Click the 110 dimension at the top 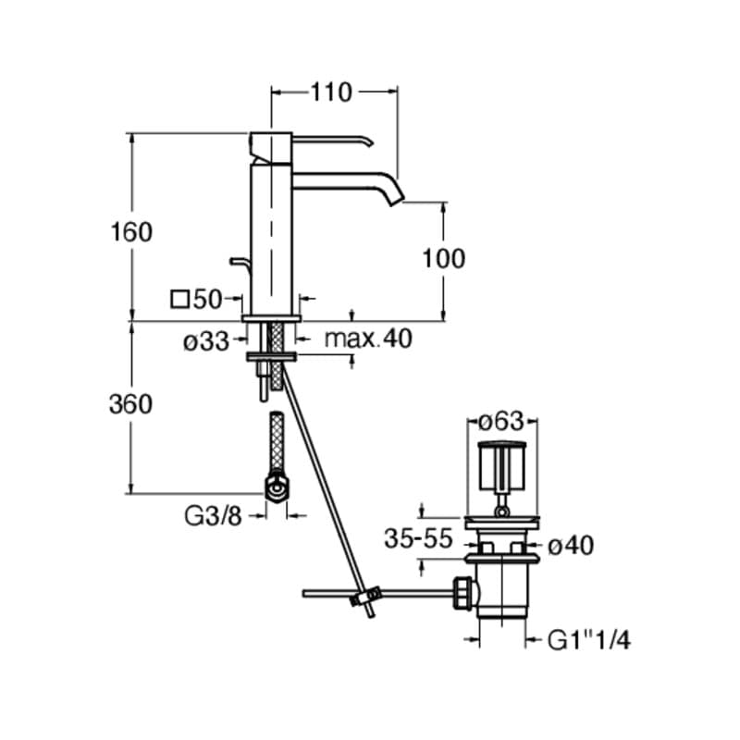331,92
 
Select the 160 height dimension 131,232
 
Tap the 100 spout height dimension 443,259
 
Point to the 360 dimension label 130,404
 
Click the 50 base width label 207,299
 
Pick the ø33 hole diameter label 205,341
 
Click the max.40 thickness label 368,338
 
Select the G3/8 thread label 213,516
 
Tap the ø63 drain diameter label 501,421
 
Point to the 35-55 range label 419,538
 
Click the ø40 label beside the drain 571,547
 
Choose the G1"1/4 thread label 589,641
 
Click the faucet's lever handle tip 372,142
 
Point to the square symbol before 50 179,300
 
